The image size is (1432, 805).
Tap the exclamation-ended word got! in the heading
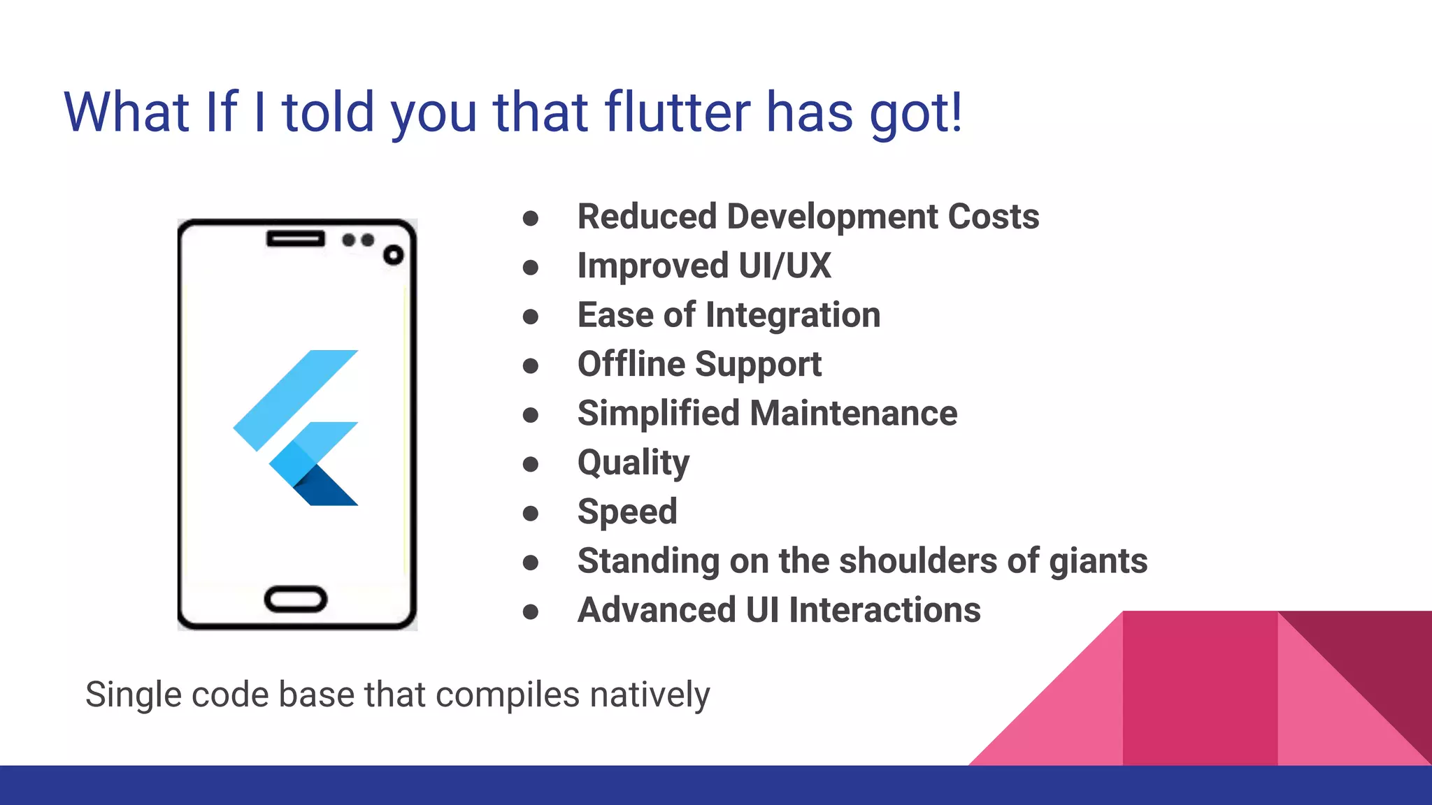916,113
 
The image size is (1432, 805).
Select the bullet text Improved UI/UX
703,266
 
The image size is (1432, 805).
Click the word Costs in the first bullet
993,217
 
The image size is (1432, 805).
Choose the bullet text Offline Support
699,365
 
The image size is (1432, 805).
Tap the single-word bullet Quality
633,463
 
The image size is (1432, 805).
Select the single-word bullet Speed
627,512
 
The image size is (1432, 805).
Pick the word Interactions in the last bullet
885,610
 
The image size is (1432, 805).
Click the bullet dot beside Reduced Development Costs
531,218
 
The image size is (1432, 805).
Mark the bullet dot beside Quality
531,464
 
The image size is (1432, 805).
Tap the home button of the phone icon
296,600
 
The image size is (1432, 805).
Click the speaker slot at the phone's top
296,239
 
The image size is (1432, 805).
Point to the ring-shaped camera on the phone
394,255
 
